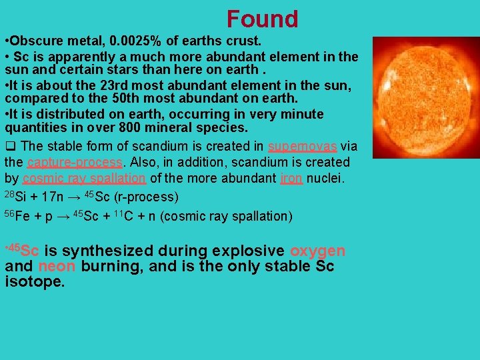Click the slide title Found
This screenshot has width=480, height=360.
coord(262,19)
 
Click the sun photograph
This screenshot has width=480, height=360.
coord(424,97)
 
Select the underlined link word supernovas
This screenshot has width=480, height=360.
coord(302,147)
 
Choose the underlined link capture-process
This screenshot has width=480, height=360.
coord(75,162)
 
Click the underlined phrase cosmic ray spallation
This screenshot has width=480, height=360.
coord(84,177)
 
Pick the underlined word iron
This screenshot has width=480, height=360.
coord(291,177)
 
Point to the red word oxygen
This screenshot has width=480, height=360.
coord(317,251)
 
